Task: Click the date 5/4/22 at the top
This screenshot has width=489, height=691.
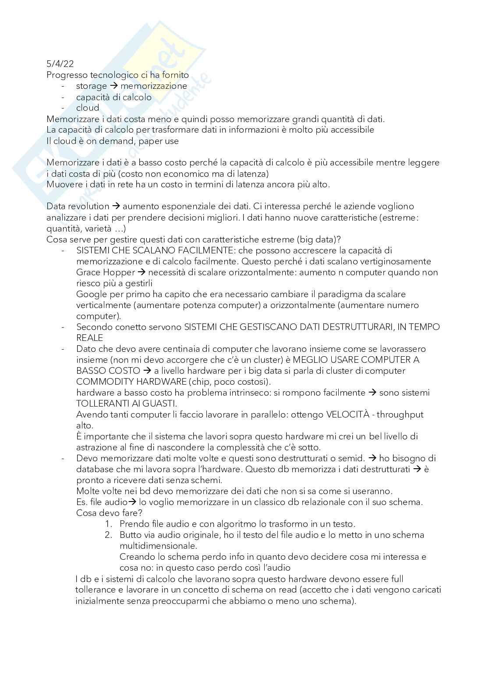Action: (60, 64)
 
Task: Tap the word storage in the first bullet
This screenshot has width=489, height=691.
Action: (91, 86)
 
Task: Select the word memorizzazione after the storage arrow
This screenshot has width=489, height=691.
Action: (154, 86)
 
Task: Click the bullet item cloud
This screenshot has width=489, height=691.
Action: (88, 108)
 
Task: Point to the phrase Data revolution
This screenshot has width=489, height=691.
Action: (78, 206)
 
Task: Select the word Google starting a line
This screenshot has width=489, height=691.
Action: (91, 294)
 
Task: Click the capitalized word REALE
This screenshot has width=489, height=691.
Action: (89, 338)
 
